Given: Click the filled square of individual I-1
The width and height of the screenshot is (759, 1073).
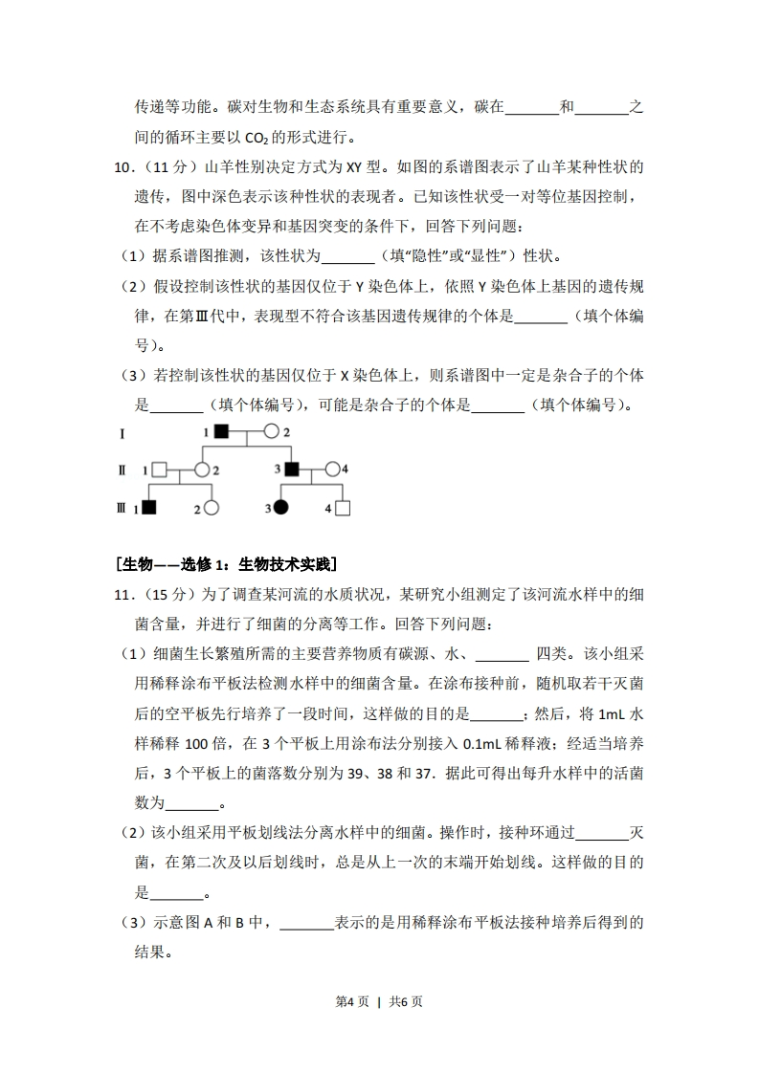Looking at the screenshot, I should [221, 432].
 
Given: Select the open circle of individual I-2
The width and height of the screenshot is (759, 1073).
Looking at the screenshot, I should [271, 432].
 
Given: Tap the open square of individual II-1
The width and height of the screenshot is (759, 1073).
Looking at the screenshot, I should [160, 470].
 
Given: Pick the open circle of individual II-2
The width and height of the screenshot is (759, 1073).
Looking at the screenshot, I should [202, 470].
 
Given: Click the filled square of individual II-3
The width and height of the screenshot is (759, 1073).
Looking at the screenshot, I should [292, 470].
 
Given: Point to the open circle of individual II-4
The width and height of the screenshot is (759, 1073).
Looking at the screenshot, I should [332, 470].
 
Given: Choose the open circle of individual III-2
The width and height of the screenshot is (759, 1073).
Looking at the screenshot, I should [212, 508].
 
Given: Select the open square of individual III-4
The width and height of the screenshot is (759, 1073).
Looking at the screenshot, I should [343, 508].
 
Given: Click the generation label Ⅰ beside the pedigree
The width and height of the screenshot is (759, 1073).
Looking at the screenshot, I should [122, 433].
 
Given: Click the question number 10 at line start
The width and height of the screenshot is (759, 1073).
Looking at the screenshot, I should [123, 167].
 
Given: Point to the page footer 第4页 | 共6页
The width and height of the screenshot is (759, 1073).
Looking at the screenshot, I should [379, 1001].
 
